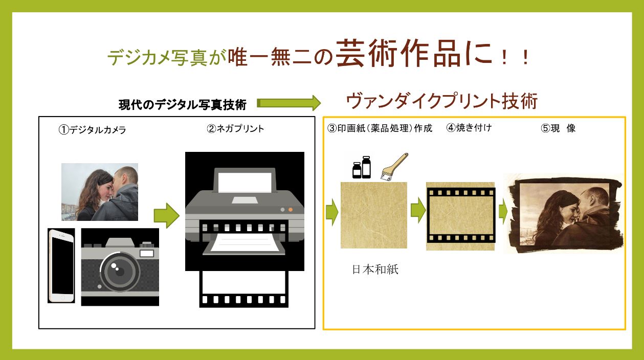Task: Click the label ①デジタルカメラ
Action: click(x=92, y=130)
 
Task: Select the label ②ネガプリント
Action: click(x=235, y=128)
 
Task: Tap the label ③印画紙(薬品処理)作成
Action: click(x=380, y=128)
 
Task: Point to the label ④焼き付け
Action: click(x=469, y=127)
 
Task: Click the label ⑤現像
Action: click(x=558, y=128)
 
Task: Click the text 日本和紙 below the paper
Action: click(x=375, y=269)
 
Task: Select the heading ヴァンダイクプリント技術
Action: click(x=442, y=101)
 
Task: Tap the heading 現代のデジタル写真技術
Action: click(x=183, y=105)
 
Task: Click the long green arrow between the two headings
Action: click(x=288, y=103)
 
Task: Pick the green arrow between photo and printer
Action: click(x=166, y=215)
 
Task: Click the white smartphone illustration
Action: click(x=61, y=266)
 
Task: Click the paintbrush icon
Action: click(x=394, y=167)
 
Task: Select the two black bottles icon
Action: click(x=362, y=167)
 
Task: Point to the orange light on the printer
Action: click(x=291, y=210)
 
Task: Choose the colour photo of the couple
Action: click(x=100, y=192)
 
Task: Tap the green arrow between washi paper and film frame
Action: click(x=418, y=210)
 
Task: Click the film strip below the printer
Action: click(x=244, y=289)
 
